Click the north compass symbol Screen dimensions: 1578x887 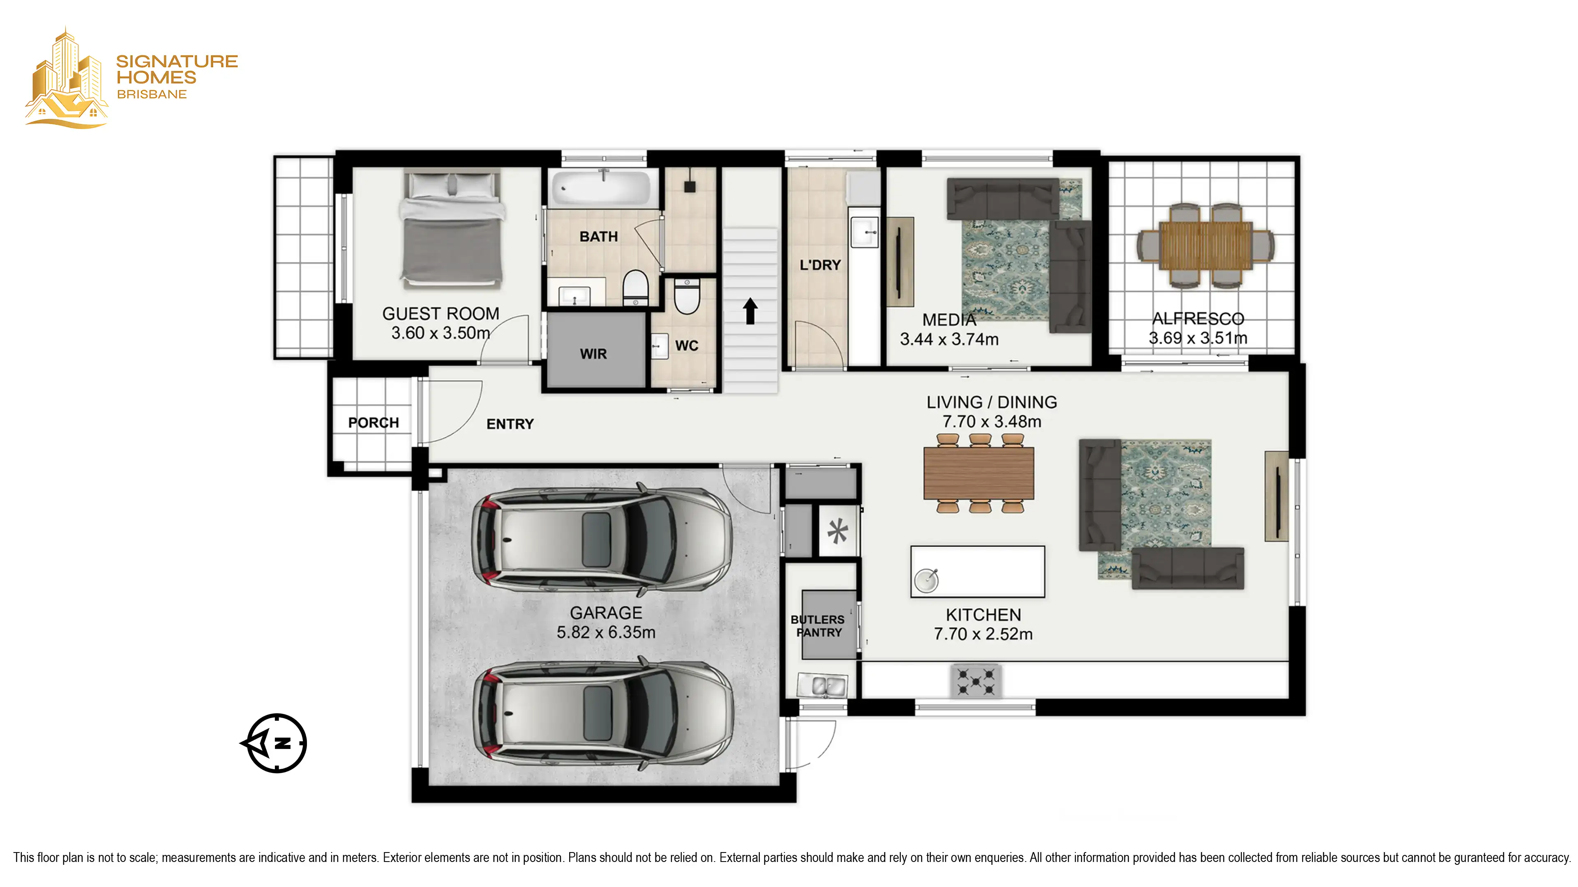click(275, 743)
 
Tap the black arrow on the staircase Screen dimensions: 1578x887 click(750, 311)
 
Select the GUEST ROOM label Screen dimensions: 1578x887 click(441, 313)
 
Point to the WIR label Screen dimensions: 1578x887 click(593, 354)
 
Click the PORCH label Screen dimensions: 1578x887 click(373, 423)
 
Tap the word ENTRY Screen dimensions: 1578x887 click(510, 424)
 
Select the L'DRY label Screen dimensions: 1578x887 click(820, 265)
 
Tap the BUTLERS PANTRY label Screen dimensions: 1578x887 click(818, 625)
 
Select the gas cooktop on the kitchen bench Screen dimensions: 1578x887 click(976, 681)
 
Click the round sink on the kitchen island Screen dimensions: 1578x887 click(926, 580)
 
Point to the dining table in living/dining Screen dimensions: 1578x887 click(978, 473)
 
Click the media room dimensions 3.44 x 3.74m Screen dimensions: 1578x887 click(949, 339)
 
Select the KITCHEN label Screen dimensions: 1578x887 click(983, 615)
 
